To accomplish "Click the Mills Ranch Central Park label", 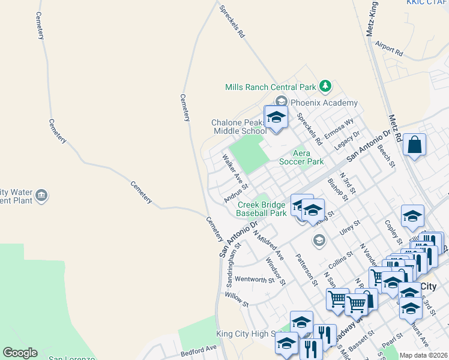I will click(x=270, y=87).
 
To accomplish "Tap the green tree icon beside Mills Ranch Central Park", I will click(x=325, y=86).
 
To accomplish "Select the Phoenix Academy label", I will click(x=324, y=103).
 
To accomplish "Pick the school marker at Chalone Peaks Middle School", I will click(x=276, y=117).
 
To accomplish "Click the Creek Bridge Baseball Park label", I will click(x=261, y=209).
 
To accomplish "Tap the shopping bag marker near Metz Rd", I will click(x=415, y=145).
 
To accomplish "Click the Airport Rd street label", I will click(x=388, y=48).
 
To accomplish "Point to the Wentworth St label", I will click(x=254, y=279).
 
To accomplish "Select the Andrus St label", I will click(x=235, y=193).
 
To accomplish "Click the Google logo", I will click(x=20, y=353).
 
